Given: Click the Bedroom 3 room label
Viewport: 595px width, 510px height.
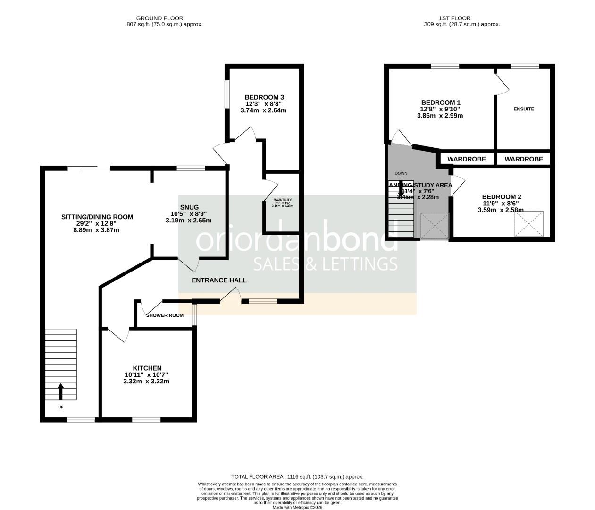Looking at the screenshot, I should point(264,97).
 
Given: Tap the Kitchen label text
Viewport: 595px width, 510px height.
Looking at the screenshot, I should point(147,368).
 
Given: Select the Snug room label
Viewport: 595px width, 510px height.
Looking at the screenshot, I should point(189,207).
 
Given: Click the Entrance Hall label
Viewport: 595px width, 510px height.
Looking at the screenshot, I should point(219,280).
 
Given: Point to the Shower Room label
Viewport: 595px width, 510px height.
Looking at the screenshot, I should point(165,315).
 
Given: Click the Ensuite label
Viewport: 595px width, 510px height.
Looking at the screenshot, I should point(524,109).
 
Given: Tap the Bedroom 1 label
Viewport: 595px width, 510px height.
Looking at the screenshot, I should point(441,102).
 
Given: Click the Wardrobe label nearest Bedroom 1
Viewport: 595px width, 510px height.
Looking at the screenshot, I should point(467,159).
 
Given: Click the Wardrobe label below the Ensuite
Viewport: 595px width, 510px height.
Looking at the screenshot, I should point(524,159).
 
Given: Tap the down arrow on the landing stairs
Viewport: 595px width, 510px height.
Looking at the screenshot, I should point(401,190).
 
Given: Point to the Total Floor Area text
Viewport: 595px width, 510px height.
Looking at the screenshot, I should point(297,477).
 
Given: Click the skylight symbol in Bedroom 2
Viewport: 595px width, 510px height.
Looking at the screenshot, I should point(528,224).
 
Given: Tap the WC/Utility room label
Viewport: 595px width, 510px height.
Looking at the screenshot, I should point(283,200).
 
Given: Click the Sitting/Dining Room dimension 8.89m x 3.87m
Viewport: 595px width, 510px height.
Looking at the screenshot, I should point(97,230).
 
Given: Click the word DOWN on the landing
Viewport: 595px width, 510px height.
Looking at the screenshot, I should point(401,173).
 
